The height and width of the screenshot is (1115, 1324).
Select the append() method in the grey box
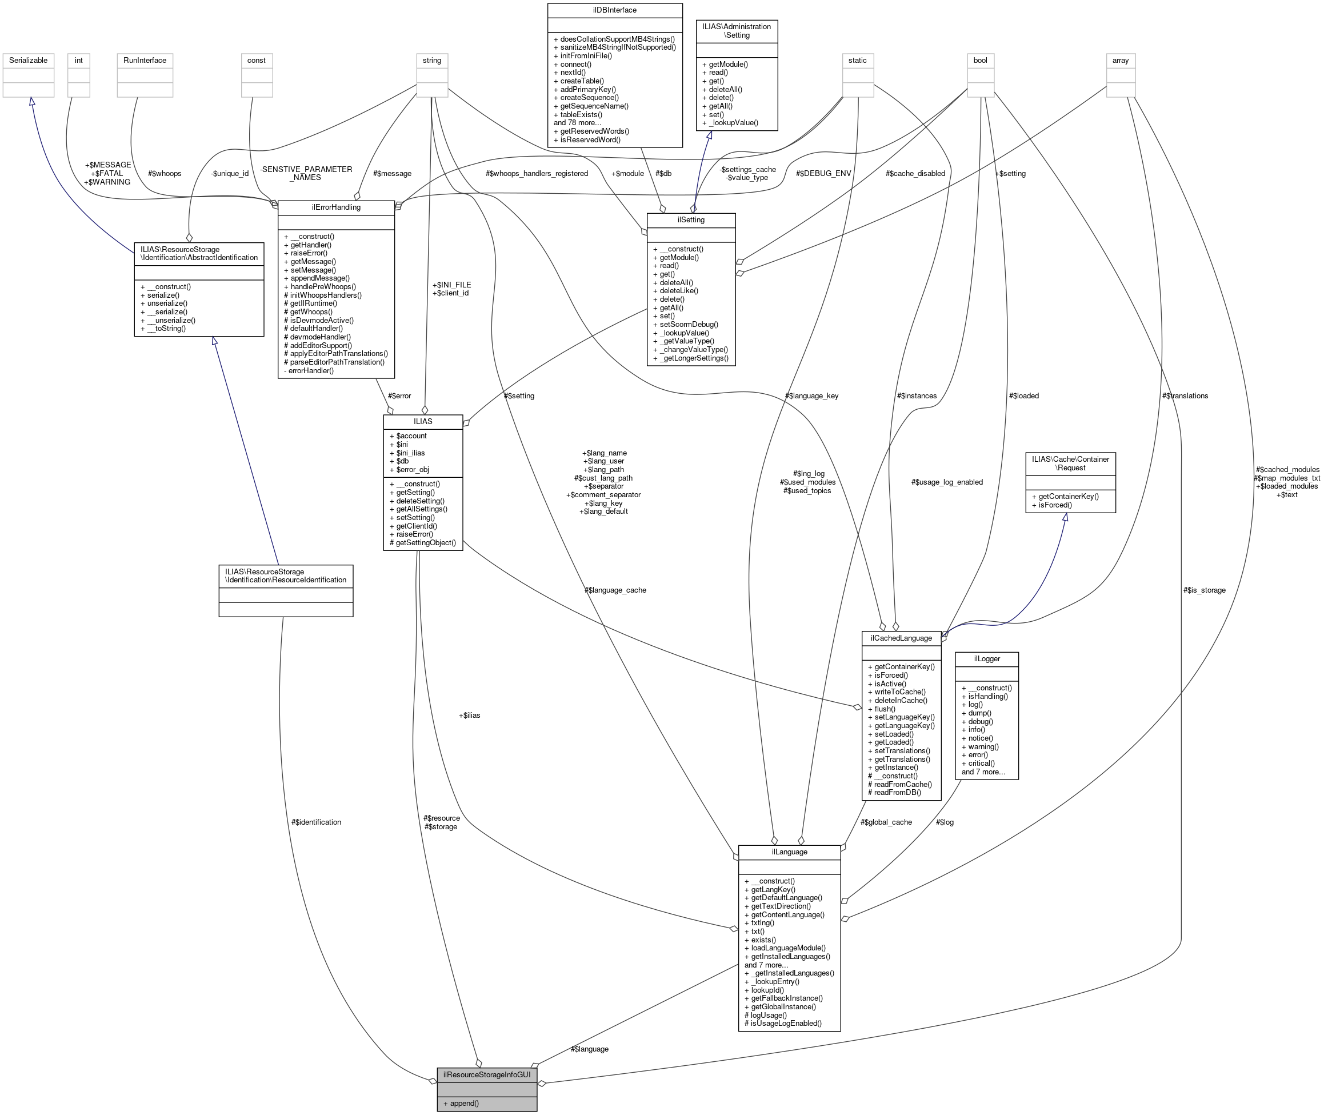[x=461, y=1104]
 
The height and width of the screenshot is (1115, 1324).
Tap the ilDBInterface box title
[x=614, y=10]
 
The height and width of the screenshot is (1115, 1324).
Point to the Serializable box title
[x=28, y=61]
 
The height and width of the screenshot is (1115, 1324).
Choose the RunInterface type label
[x=145, y=61]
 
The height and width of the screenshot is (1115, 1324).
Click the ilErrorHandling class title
[x=335, y=207]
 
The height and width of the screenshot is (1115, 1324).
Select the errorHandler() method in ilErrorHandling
[x=310, y=370]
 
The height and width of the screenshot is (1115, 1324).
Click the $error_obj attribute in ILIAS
[x=412, y=470]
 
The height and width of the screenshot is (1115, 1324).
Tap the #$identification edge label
[x=316, y=822]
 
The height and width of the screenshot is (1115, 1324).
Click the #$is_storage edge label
[x=1204, y=590]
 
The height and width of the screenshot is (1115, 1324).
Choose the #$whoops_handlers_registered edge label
[x=537, y=174]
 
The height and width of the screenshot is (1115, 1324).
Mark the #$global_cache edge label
[x=886, y=822]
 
